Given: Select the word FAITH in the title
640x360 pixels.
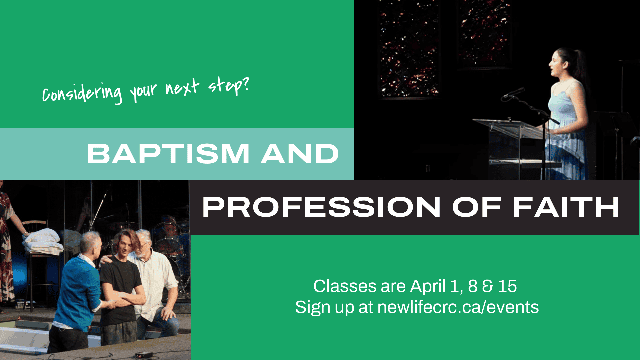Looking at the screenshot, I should pos(566,207).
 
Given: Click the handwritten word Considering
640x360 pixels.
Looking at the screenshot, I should pos(82,93).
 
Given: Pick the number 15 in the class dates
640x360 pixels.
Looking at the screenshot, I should pos(507,286).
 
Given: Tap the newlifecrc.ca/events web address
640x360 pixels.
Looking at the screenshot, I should pos(458,307).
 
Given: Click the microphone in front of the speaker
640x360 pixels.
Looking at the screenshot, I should pos(513,93).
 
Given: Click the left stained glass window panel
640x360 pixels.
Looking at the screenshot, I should pos(409,50).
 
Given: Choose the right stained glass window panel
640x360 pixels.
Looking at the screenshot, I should pos(484,33).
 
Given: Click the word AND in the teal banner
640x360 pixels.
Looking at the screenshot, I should pos(300,154).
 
